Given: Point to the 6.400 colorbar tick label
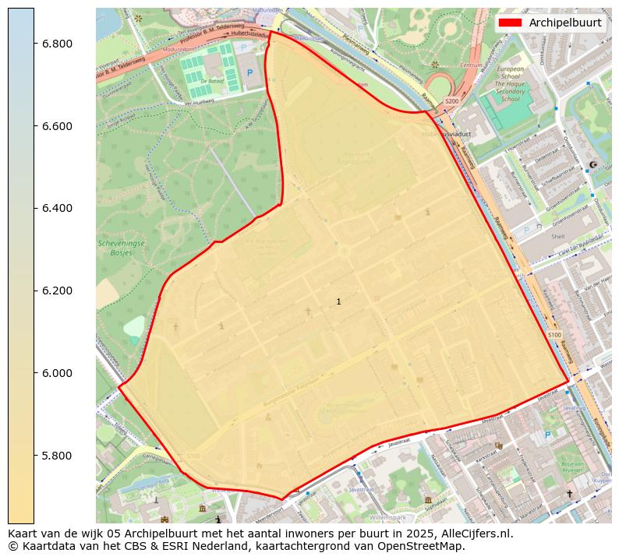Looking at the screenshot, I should click(57, 208).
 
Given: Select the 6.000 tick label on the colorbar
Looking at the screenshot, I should click(57, 373).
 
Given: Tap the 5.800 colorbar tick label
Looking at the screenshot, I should click(57, 456).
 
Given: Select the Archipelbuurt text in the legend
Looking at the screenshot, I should click(564, 23).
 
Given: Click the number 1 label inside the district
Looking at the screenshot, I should click(338, 301).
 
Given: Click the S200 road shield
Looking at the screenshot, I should click(452, 102).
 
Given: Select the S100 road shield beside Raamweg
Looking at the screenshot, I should click(554, 335).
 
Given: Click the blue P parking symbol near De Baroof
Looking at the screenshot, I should click(249, 72).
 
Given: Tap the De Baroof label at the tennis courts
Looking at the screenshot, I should click(212, 80).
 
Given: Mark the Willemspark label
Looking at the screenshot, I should click(388, 516).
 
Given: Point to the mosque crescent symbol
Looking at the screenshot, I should click(593, 165).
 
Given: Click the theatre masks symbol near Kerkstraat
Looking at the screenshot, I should click(498, 445).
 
